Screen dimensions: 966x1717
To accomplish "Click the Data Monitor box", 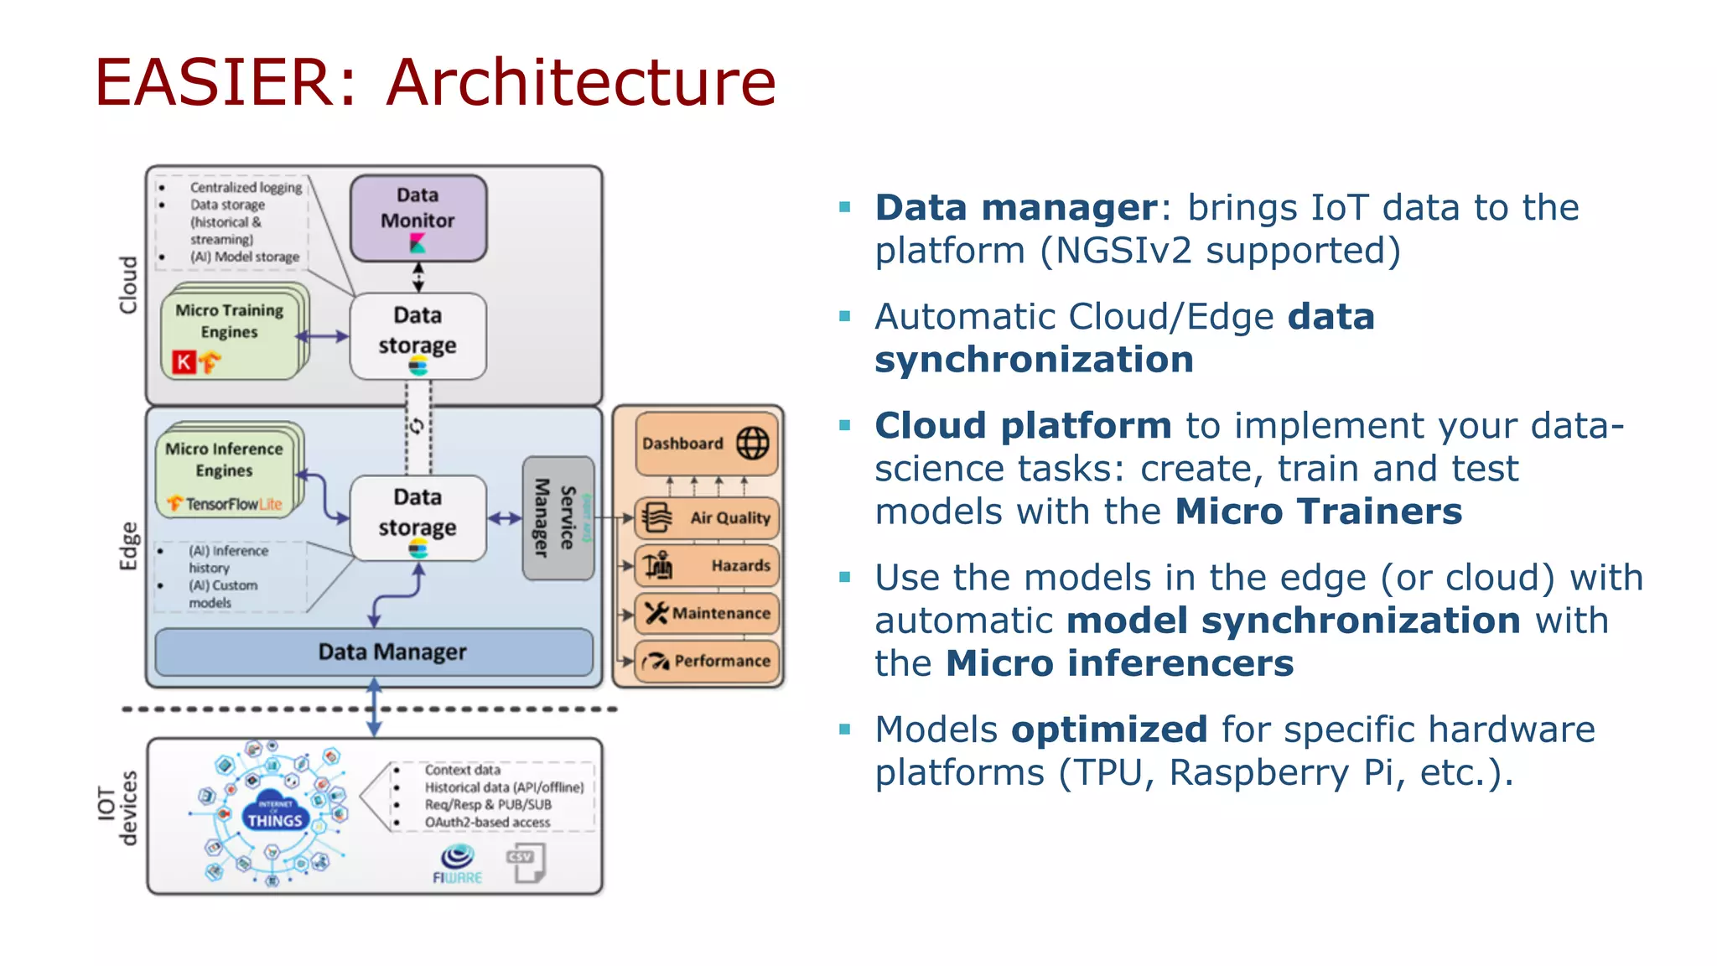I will tap(418, 217).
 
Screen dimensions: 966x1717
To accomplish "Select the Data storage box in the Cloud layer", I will tap(418, 335).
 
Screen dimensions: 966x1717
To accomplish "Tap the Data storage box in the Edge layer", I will tap(418, 517).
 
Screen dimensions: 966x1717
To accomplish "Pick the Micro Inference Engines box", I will tap(225, 468).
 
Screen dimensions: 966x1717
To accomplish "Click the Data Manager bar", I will tap(374, 652).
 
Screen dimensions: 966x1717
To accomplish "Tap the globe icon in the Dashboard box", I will tap(752, 443).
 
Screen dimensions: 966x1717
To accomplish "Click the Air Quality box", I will tap(707, 518).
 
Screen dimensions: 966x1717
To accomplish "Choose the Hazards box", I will tap(707, 565).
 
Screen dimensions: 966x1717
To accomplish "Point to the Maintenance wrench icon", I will tap(656, 613).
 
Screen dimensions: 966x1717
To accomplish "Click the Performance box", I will tap(707, 661).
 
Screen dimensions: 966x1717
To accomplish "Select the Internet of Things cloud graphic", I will tap(274, 812).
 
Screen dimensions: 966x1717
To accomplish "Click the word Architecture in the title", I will tap(581, 82).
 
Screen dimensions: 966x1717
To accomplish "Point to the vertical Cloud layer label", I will tap(128, 285).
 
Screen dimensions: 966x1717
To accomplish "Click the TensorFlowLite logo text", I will tap(226, 504).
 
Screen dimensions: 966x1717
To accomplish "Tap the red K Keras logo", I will tap(184, 362).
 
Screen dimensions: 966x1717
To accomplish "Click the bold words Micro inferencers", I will tap(1119, 663).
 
